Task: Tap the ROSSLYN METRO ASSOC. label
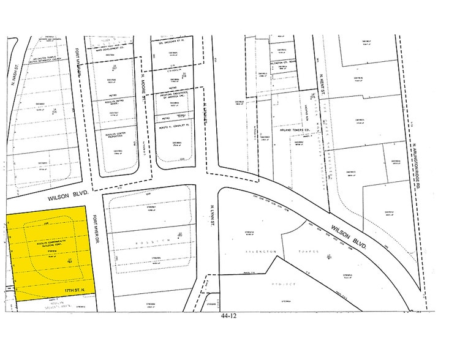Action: [114, 102]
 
